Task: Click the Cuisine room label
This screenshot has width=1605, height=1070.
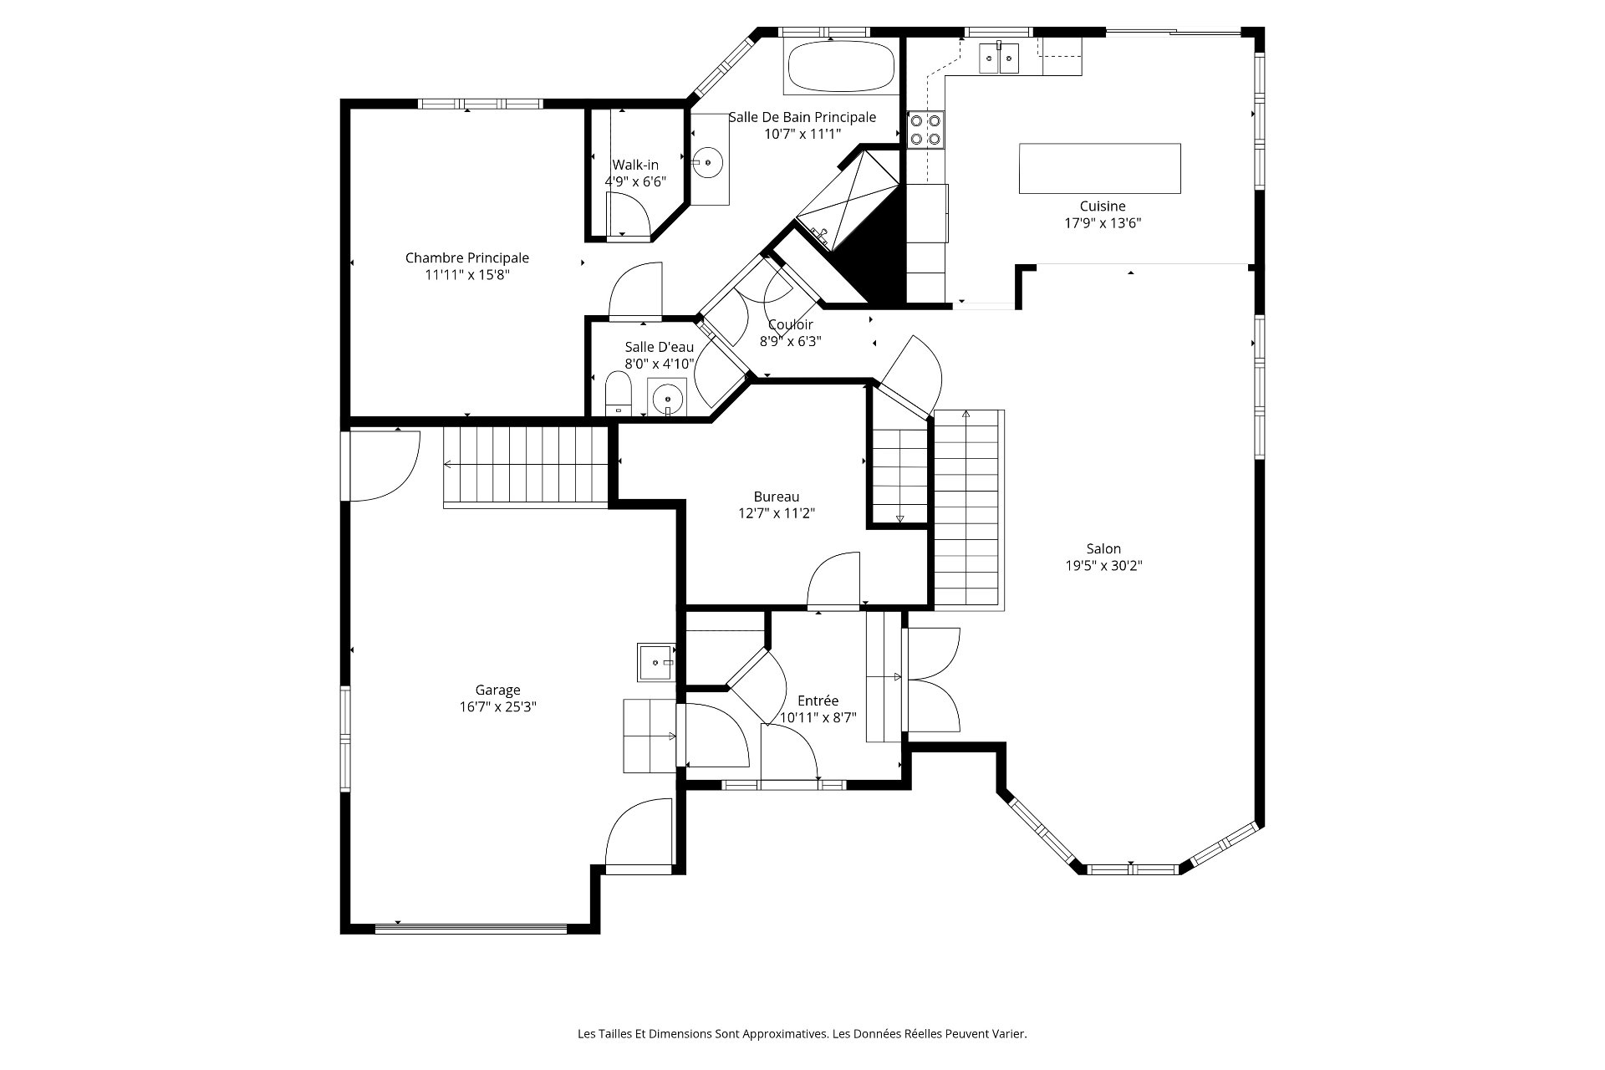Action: [1103, 206]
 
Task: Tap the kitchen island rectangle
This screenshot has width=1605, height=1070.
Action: [1100, 168]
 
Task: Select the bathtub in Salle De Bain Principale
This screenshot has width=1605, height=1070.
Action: [841, 66]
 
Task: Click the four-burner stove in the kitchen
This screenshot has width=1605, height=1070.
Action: [926, 130]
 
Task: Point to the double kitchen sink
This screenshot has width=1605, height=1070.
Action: [999, 57]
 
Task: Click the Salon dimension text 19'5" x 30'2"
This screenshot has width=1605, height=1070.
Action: [1103, 565]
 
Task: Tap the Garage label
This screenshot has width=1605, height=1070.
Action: [498, 690]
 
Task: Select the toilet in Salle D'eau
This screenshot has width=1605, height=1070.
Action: [618, 394]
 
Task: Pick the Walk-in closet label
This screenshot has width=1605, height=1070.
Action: [635, 165]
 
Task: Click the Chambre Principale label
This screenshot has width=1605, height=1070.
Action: [467, 258]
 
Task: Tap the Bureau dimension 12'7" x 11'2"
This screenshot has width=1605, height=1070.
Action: [777, 513]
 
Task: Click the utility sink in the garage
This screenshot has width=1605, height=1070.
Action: [656, 662]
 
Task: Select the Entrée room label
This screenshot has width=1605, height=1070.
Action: [818, 701]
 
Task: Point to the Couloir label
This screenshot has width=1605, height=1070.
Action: [791, 324]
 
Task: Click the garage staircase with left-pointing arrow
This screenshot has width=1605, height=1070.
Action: [526, 465]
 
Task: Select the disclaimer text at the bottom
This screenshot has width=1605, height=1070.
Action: [802, 1034]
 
